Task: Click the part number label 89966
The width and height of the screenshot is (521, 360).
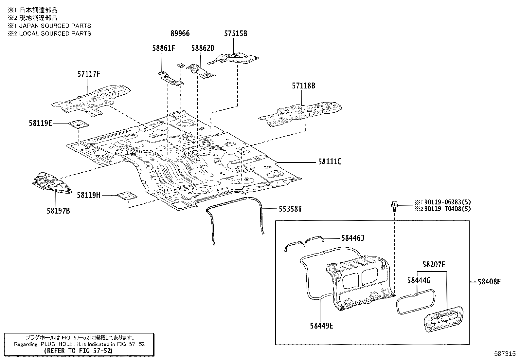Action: tap(180, 33)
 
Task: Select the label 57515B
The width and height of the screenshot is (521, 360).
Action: tap(236, 33)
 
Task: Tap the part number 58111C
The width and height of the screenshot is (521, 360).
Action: tap(329, 161)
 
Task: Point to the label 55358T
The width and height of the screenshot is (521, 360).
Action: tap(290, 209)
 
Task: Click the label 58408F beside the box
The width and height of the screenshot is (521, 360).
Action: tap(489, 281)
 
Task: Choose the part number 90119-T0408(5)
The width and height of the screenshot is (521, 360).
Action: tap(446, 209)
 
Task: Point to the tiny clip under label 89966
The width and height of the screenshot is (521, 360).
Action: tap(179, 66)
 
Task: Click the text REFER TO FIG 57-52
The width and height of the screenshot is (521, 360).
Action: tap(78, 351)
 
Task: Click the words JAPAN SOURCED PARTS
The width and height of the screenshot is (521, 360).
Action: tap(55, 26)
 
